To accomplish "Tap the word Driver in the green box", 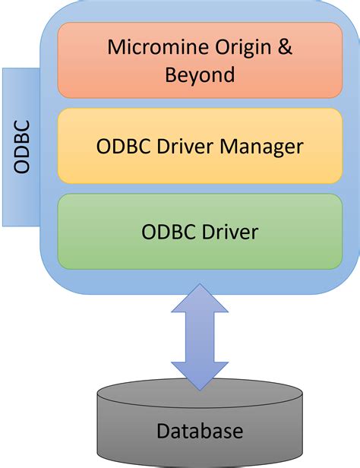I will coord(229,231).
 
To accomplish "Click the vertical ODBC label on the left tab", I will coord(22,147).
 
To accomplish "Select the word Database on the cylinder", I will coord(201,432).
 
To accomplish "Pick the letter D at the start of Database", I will coord(163,432).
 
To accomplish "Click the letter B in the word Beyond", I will coord(171,74).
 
